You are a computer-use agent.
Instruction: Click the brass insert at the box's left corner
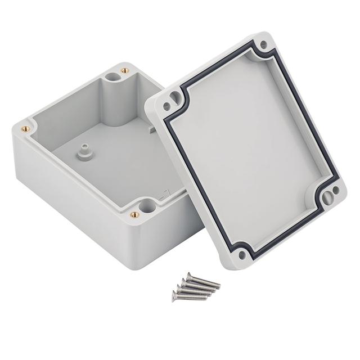click(24, 128)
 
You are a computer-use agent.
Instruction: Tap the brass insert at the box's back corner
click(124, 71)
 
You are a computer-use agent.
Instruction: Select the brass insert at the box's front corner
click(134, 214)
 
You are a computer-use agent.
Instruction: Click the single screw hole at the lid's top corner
click(263, 44)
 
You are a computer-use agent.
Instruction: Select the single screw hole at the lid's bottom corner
click(242, 255)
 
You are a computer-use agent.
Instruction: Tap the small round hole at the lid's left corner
click(166, 105)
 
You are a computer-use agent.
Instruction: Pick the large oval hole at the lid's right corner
click(326, 196)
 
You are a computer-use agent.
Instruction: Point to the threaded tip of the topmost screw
click(219, 285)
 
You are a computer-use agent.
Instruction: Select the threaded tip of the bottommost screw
click(206, 296)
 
